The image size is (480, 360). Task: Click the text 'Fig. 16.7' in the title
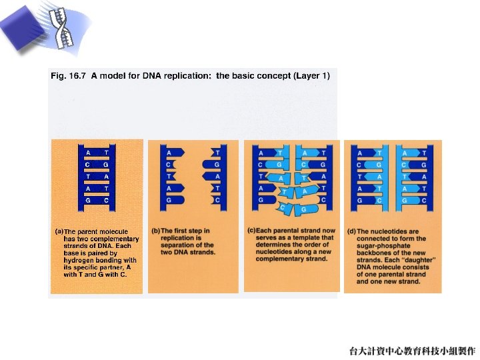[68, 76]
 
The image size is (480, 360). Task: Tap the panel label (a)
[59, 231]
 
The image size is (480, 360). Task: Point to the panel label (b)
[156, 231]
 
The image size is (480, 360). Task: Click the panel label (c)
[251, 230]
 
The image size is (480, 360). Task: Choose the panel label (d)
[351, 231]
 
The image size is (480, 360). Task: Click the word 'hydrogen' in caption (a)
[78, 261]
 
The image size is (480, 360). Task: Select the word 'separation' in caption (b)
[176, 245]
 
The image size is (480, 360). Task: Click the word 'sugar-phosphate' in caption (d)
[383, 246]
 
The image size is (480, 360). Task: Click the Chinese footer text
[412, 351]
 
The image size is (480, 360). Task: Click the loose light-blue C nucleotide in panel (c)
[285, 209]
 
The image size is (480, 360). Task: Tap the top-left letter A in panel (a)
[88, 153]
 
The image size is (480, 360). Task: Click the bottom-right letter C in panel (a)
[106, 201]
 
